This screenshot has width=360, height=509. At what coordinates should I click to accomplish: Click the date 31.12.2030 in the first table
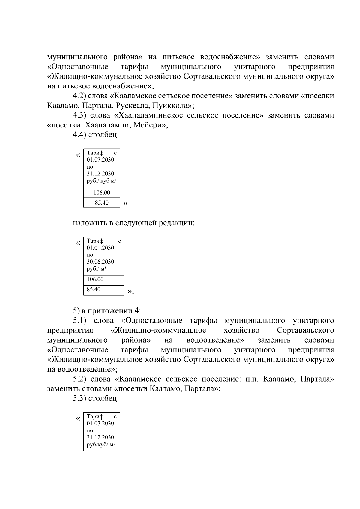pyautogui.click(x=100, y=174)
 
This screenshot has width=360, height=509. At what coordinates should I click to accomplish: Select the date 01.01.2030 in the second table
pyautogui.click(x=100, y=248)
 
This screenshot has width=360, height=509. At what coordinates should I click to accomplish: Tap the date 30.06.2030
pyautogui.click(x=100, y=262)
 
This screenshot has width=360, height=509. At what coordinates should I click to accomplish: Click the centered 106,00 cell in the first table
pyautogui.click(x=102, y=193)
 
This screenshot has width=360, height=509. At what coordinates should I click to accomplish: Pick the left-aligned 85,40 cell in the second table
pyautogui.click(x=94, y=289)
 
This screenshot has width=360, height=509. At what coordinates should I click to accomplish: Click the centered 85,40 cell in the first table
pyautogui.click(x=102, y=203)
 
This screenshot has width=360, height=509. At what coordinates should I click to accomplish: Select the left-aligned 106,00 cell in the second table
pyautogui.click(x=95, y=279)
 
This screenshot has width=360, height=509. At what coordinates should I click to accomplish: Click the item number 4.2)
pyautogui.click(x=79, y=96)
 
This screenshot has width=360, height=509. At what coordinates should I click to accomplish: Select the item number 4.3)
pyautogui.click(x=79, y=115)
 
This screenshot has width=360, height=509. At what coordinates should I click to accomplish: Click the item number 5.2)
pyautogui.click(x=79, y=379)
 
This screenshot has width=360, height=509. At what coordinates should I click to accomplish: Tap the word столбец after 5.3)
pyautogui.click(x=103, y=399)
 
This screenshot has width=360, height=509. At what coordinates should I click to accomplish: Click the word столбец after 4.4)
pyautogui.click(x=103, y=135)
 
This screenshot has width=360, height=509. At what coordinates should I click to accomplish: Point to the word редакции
pyautogui.click(x=176, y=223)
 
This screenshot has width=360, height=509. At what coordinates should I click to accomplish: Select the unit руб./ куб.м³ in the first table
pyautogui.click(x=101, y=181)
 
